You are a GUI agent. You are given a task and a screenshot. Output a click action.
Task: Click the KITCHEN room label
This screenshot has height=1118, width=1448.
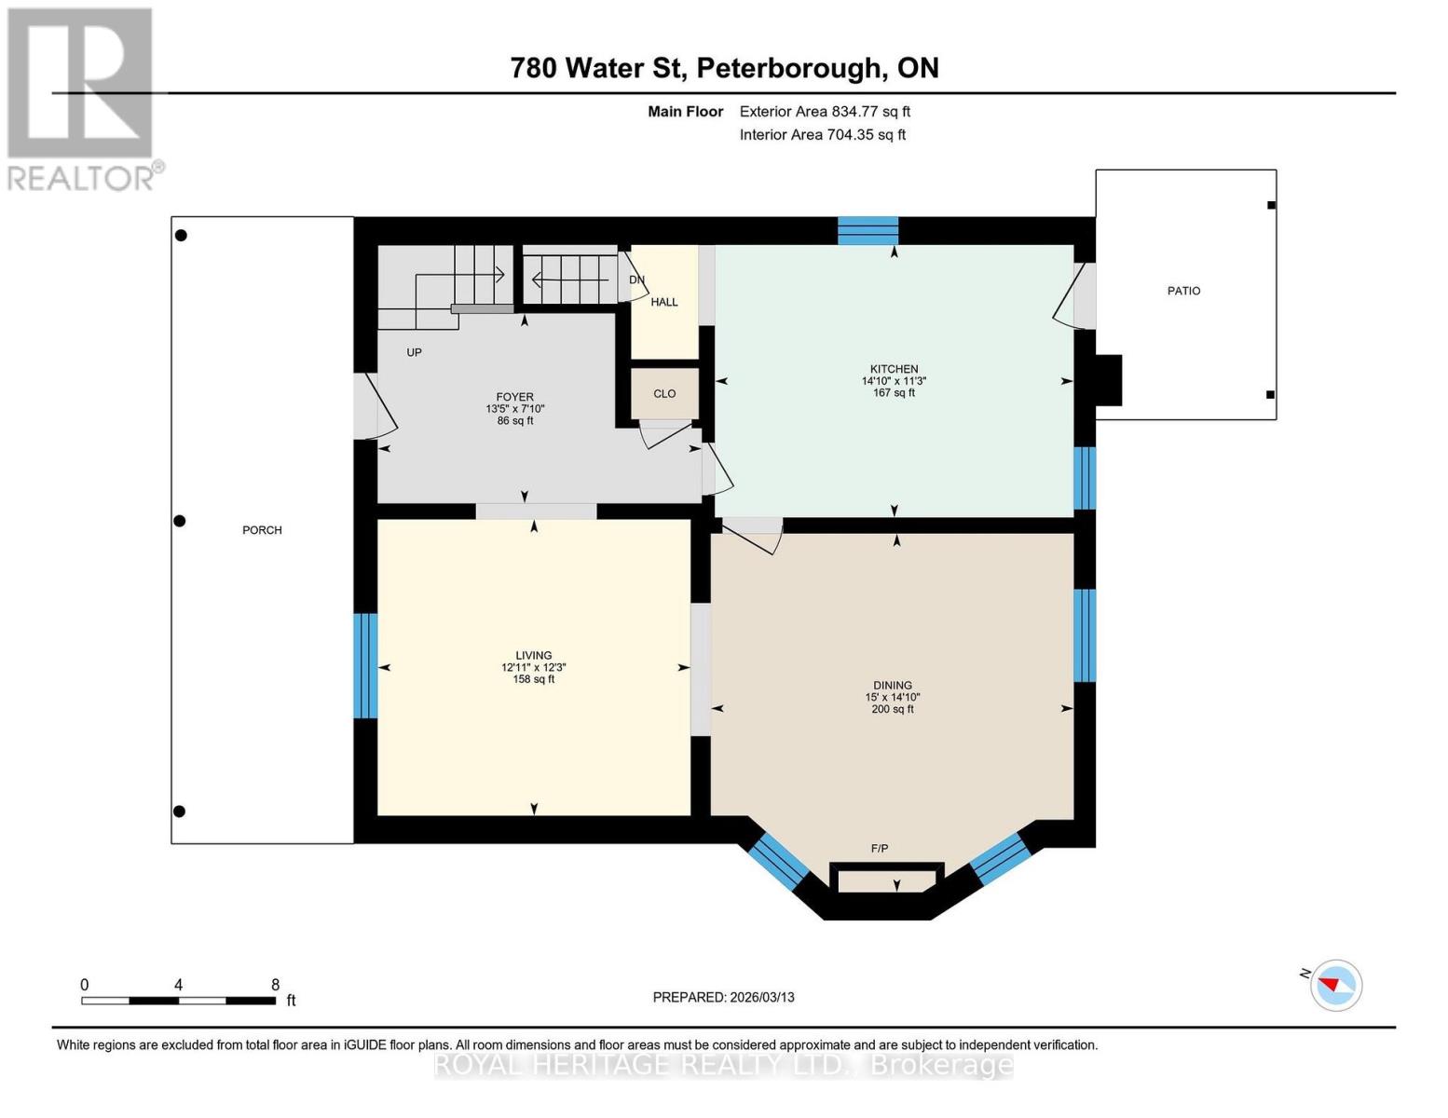[894, 369]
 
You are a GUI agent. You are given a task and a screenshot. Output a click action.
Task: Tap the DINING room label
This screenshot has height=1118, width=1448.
[892, 685]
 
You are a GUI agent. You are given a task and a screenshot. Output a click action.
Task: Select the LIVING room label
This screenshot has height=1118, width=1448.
[533, 655]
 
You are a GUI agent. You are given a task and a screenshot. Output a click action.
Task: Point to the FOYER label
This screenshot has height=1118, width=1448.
[514, 397]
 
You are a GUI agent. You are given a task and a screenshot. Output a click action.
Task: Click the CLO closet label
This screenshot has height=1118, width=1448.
[664, 393]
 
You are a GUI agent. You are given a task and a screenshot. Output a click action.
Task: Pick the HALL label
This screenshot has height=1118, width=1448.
[664, 302]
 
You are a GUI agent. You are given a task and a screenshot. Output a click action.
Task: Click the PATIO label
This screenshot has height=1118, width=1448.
[1183, 291]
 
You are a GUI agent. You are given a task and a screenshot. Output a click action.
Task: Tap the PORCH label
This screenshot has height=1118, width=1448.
[262, 530]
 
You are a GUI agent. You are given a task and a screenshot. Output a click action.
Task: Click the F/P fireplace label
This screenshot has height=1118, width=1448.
[879, 848]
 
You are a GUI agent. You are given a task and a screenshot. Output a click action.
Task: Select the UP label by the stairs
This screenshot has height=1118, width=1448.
[414, 352]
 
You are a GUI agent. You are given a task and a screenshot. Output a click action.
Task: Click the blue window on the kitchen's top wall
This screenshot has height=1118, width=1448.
[867, 230]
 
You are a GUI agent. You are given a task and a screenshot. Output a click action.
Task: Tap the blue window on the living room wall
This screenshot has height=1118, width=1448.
[365, 665]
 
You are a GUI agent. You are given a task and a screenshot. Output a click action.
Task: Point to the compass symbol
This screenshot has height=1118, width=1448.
[1336, 985]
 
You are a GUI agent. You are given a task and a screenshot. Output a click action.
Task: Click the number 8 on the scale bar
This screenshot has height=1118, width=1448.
[275, 985]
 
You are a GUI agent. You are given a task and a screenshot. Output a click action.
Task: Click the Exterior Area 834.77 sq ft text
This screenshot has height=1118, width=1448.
[825, 111]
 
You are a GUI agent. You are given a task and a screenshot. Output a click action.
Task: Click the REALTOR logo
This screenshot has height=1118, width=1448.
[82, 98]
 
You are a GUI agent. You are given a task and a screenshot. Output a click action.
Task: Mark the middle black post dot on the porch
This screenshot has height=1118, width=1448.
[181, 521]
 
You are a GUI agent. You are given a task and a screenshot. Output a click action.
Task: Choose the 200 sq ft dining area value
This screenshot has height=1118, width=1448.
[892, 709]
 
